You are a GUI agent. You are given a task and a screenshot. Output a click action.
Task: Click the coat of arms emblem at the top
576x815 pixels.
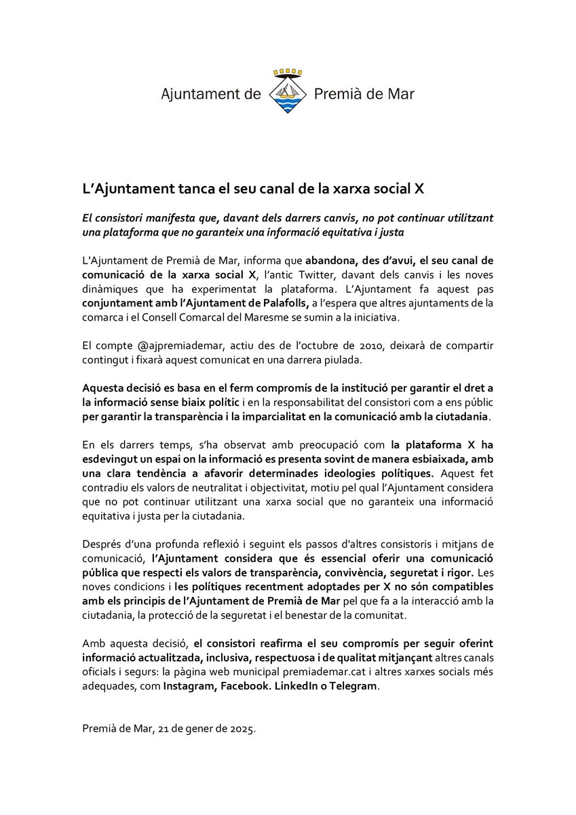pos(287,94)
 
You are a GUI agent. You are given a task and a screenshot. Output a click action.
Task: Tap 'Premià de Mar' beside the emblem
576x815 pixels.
pos(364,94)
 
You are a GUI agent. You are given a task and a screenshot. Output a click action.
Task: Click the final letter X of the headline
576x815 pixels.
pos(419,188)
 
